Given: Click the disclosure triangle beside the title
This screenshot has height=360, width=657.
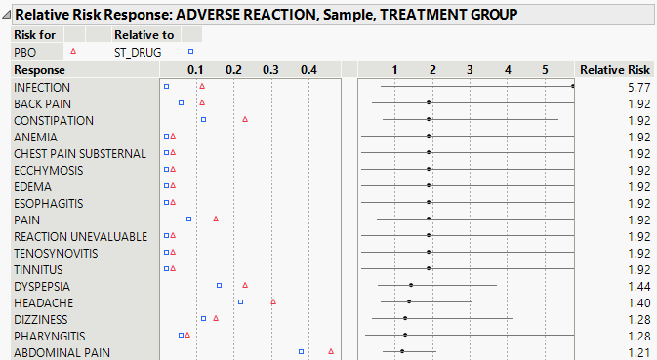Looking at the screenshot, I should [8, 16].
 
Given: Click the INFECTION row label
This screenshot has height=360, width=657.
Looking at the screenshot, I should [42, 87].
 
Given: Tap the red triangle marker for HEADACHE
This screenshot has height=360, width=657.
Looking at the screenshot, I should [273, 301].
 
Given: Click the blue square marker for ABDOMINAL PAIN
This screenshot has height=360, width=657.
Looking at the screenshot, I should [302, 351].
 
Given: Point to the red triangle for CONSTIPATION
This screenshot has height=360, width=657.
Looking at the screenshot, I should [245, 119].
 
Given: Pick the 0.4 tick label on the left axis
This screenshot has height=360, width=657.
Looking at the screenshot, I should [308, 70].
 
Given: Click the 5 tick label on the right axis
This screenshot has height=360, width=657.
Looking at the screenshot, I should [546, 70].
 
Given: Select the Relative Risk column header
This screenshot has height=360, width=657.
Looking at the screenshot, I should [614, 70].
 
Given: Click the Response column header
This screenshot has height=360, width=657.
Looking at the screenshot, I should [40, 70].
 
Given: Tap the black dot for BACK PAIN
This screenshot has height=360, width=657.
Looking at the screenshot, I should [429, 102].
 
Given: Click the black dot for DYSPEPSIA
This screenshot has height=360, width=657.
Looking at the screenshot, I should [411, 285].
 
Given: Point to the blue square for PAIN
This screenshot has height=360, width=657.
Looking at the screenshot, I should [189, 219].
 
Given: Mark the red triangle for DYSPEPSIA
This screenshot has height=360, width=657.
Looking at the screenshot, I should [245, 285].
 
